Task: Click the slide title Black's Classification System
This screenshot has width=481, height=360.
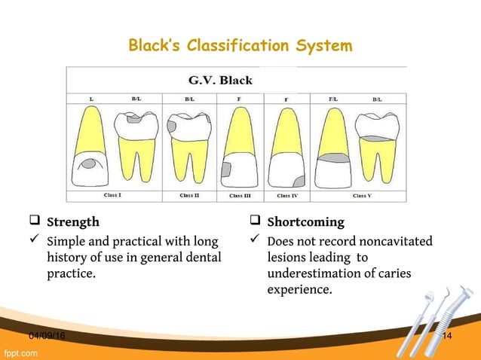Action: (240, 46)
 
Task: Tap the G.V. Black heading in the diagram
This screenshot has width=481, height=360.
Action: (219, 81)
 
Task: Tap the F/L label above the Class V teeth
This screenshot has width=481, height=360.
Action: (332, 99)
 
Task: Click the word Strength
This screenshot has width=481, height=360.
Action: (72, 222)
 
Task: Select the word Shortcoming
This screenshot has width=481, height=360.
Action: (305, 222)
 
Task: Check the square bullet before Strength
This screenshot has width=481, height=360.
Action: (33, 222)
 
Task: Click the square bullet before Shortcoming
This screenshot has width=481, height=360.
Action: (254, 222)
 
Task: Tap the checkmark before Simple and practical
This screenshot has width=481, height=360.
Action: (33, 241)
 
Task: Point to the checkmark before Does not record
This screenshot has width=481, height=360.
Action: (254, 241)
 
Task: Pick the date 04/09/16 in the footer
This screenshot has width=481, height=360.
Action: (47, 335)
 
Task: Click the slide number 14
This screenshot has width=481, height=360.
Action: (446, 335)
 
